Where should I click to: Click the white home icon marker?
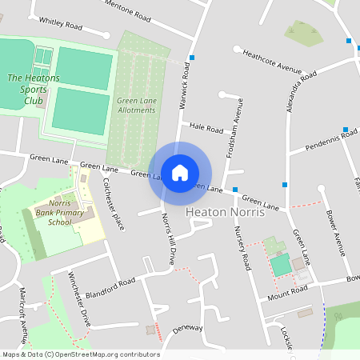pos(180,173)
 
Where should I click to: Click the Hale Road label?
pos(206,128)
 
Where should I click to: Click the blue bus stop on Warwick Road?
pos(192,58)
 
